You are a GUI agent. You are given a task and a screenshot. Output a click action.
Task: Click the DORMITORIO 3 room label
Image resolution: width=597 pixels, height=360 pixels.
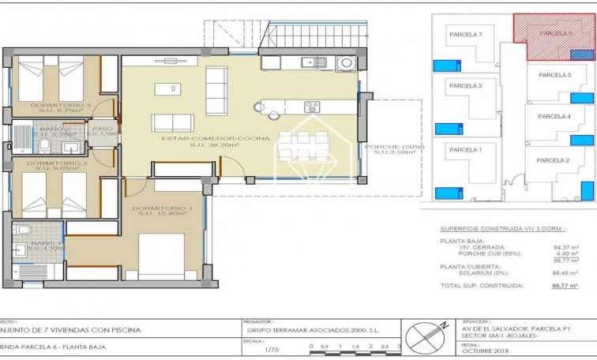pos(60,105)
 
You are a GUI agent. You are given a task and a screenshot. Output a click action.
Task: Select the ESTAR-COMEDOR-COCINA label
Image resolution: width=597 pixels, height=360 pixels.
pos(215,139)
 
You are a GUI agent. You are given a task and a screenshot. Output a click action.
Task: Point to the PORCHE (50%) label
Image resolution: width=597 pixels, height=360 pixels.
pos(394,147)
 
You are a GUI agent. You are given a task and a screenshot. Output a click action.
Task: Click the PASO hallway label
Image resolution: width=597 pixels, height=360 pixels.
pos(102,128)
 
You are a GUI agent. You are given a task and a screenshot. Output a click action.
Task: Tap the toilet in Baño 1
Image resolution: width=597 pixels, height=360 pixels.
pos(22,230)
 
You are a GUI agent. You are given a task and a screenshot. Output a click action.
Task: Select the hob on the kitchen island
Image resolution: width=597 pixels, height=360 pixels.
pos(312,107)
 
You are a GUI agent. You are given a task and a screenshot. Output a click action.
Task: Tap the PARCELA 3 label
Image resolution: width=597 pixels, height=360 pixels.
pos(465,85)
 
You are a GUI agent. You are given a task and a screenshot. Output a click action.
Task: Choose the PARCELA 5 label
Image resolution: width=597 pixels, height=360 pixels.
pos(554,75)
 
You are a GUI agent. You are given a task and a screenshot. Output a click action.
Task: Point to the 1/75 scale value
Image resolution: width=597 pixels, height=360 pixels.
pos(271,348)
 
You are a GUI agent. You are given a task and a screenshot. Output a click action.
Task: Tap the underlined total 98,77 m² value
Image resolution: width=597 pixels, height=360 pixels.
pos(564,286)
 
